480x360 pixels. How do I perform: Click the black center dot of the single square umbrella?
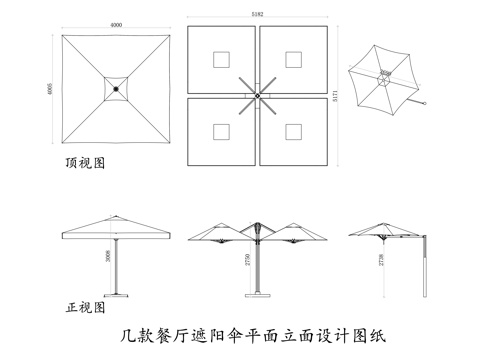pyautogui.click(x=116, y=89)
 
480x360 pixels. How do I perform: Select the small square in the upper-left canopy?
pyautogui.click(x=221, y=59)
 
